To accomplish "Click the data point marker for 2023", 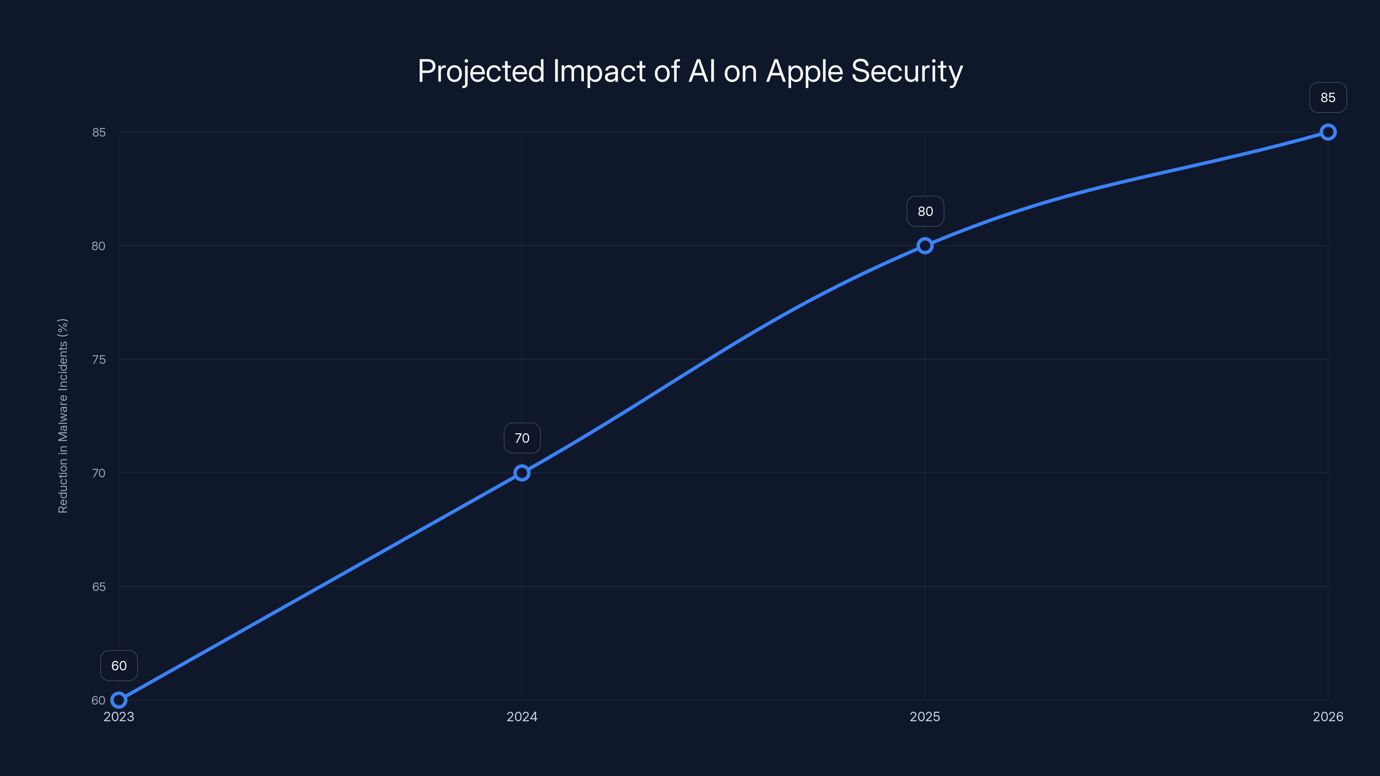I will [x=119, y=700].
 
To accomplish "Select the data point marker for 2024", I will [x=522, y=473].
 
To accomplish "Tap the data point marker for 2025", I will [x=925, y=246].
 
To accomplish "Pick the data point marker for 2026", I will [x=1328, y=132].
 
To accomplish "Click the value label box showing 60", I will [x=119, y=666].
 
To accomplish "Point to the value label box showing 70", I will [x=522, y=438].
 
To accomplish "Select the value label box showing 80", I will [x=925, y=212].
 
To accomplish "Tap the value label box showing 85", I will [x=1328, y=97].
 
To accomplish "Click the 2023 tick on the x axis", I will [x=119, y=717].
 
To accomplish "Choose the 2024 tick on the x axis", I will [x=522, y=717].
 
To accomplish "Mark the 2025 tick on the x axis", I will [x=925, y=717].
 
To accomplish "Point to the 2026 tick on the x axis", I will [x=1328, y=717].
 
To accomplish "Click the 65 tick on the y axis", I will [x=99, y=587].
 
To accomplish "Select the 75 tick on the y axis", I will [x=99, y=360].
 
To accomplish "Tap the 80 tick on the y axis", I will [x=99, y=246].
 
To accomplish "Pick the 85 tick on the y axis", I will [x=99, y=132].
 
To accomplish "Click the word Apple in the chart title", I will [x=805, y=72].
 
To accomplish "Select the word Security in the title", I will [x=907, y=72].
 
